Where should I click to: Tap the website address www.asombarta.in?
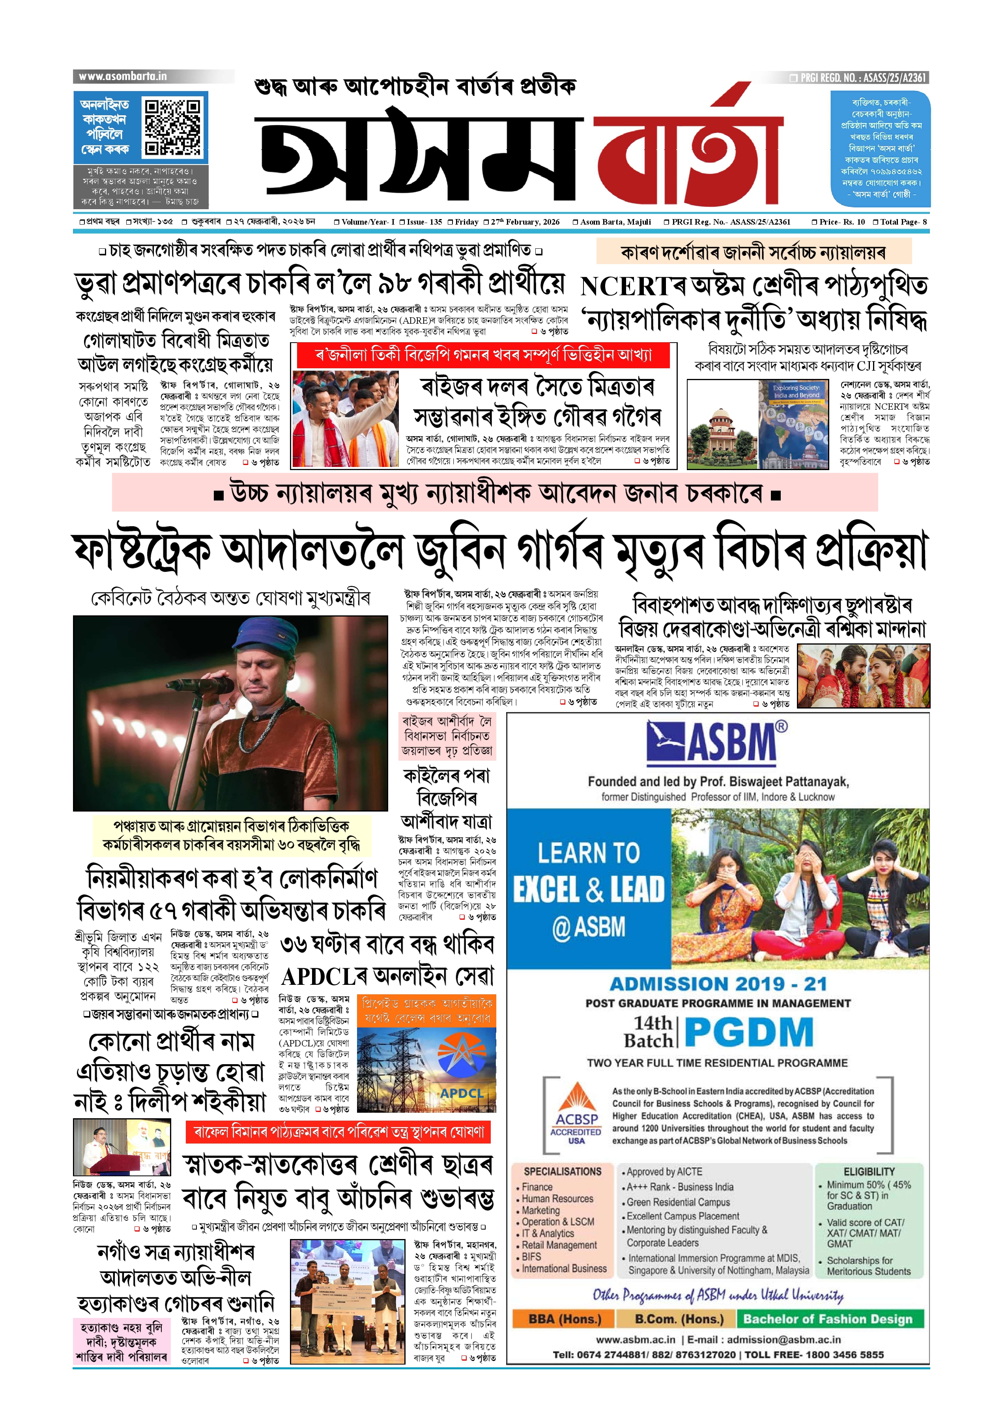tap(123, 76)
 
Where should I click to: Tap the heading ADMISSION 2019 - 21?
tap(718, 984)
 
